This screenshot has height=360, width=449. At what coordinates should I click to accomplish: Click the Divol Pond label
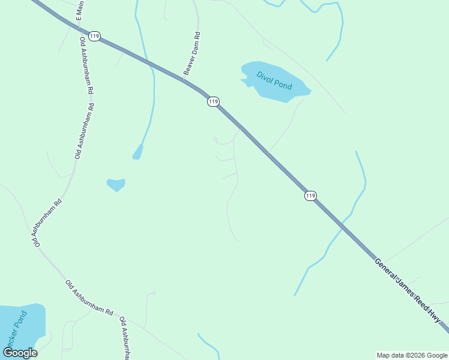click(x=274, y=80)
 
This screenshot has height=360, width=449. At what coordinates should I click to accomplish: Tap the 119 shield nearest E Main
click(x=94, y=36)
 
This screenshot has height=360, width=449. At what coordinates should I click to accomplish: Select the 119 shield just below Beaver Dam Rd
click(x=213, y=102)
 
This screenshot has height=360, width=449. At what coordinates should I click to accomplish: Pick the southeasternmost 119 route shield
click(x=310, y=196)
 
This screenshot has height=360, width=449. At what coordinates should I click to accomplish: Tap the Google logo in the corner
click(x=20, y=352)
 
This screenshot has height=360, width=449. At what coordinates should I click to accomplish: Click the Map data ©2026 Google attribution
click(x=412, y=355)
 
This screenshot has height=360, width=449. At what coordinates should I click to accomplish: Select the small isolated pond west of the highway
click(x=116, y=184)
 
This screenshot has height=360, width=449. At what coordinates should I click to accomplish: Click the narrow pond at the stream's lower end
click(x=138, y=152)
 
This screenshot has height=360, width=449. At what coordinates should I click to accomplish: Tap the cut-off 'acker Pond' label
click(x=15, y=331)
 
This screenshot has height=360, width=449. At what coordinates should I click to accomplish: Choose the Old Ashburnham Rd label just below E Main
click(x=86, y=65)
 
